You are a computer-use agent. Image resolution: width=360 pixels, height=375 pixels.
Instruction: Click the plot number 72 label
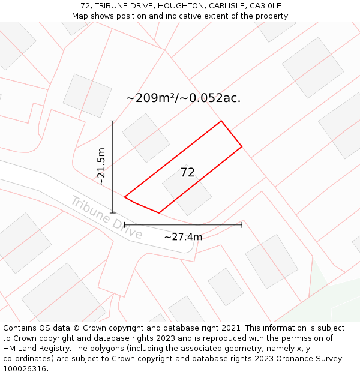coord(187,173)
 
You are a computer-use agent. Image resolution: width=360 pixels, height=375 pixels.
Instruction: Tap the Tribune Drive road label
coord(106,217)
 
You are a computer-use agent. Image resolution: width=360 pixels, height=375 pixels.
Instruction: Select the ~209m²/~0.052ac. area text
coord(183,98)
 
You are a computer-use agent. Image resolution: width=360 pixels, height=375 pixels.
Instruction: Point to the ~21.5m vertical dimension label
coord(101,167)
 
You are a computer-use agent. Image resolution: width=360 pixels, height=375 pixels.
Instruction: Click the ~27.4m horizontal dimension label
coord(183,237)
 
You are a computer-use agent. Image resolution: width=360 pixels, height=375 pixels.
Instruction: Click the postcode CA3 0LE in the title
coord(266,6)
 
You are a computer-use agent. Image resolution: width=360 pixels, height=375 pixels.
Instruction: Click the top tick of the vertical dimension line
coord(113,121)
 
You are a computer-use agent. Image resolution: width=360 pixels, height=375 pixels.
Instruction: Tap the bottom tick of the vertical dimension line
coord(113,212)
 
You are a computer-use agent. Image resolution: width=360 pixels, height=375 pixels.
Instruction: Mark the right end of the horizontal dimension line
coord(242,225)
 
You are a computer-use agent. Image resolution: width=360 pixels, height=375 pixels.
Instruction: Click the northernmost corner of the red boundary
coord(221,121)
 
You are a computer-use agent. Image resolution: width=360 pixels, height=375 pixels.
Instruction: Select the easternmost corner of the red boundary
coord(242,146)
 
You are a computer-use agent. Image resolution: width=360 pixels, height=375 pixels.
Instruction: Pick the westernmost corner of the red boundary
coord(125,197)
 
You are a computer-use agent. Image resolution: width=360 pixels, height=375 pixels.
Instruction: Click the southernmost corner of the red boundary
coord(159,212)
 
